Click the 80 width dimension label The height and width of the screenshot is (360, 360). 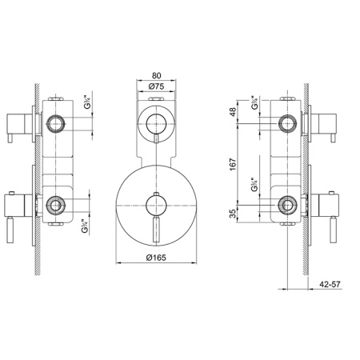[157, 75]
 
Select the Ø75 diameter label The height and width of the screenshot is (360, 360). [157, 86]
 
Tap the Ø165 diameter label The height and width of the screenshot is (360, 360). [156, 258]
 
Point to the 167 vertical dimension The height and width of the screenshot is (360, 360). [233, 165]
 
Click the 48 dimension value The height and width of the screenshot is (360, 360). [233, 112]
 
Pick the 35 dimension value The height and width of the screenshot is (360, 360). [233, 214]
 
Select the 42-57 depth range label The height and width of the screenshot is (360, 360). [330, 284]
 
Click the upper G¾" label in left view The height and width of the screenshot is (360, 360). [87, 102]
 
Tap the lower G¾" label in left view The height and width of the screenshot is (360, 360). [85, 226]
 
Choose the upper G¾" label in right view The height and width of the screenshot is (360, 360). [254, 102]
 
